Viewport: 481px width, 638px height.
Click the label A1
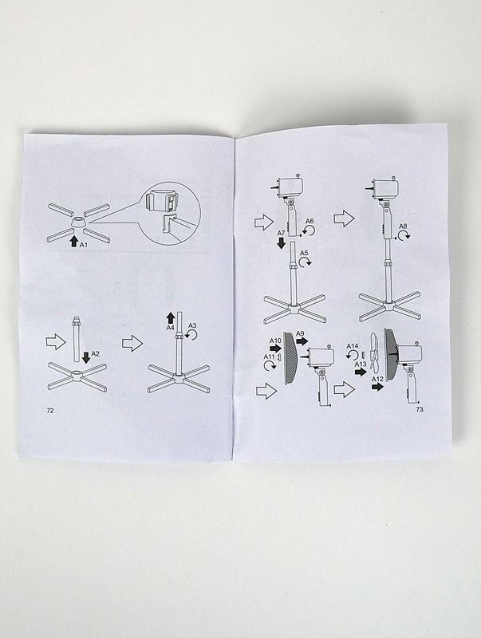pos(84,245)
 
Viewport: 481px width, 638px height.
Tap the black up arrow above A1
pos(73,241)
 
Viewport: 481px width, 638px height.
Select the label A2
pos(95,353)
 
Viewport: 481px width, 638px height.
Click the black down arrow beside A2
pos(86,358)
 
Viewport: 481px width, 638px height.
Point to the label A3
pos(192,325)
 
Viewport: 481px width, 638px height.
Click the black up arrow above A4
pos(171,317)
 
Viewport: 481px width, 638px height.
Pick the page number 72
pos(50,411)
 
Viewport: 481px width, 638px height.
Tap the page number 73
pos(420,409)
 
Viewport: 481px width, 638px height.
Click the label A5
pos(304,253)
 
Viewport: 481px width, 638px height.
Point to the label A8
pos(403,226)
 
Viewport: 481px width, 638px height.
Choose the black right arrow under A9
pos(302,341)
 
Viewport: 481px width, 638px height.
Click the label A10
pos(275,341)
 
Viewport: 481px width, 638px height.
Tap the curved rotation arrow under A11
pos(269,366)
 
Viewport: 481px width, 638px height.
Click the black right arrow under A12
pos(377,387)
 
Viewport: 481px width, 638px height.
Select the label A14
pos(353,346)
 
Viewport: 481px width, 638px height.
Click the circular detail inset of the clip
pos(170,213)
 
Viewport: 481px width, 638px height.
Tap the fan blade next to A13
pos(375,354)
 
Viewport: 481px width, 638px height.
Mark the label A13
pos(361,364)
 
